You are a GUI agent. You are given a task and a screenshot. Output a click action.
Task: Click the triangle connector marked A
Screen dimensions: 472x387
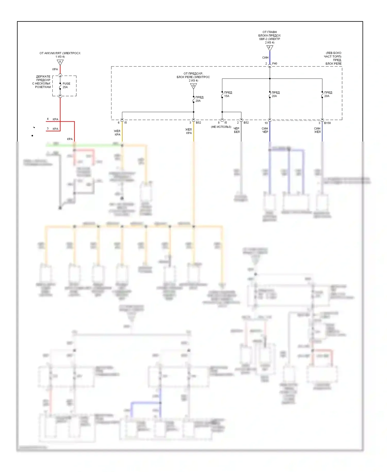pos(60,62)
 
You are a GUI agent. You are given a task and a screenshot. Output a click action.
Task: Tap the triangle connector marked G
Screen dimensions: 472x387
pos(193,86)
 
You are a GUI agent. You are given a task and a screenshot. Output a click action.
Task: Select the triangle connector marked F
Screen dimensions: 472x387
pos(270,48)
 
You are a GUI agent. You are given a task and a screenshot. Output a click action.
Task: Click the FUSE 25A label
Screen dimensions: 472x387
pos(66,85)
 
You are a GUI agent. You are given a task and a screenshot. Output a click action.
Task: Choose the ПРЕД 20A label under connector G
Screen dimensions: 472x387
pos(199,99)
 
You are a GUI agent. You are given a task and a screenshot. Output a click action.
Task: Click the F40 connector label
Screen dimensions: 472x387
pos(275,64)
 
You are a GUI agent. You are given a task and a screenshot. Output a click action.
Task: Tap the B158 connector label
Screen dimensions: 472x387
pos(327,123)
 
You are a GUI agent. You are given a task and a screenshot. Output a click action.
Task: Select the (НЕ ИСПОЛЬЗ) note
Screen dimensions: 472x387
pos(221,127)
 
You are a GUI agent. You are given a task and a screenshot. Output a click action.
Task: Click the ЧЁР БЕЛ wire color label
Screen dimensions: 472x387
pos(237,130)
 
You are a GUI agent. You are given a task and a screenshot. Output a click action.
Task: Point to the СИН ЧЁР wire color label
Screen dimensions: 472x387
pos(265,130)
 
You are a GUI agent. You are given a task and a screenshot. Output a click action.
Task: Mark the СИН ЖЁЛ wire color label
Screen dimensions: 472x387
pos(317,130)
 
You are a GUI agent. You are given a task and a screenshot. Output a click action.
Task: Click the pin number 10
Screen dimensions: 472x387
pos(266,123)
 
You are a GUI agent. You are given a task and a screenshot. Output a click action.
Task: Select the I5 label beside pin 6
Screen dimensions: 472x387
pos(126,123)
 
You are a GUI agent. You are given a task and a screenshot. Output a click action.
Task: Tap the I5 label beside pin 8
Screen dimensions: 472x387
pos(226,123)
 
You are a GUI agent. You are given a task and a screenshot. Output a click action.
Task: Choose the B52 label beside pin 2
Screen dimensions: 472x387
pos(246,123)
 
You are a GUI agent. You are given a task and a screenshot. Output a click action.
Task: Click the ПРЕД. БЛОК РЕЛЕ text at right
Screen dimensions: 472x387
pos(333,62)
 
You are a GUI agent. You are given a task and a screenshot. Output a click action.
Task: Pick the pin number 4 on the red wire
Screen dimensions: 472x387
pos(48,119)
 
